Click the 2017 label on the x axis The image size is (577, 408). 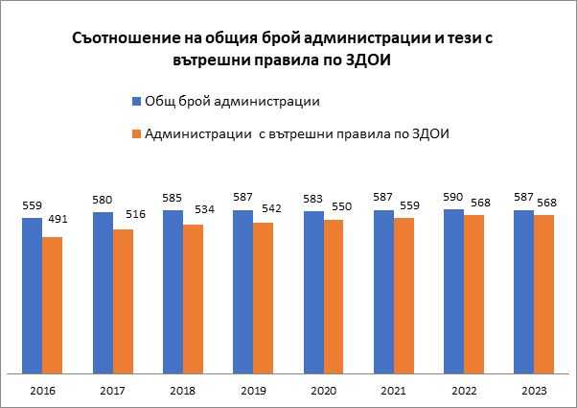click(x=113, y=391)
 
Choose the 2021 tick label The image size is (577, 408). click(x=394, y=391)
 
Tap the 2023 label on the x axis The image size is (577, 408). click(x=535, y=391)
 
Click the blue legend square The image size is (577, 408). click(x=134, y=102)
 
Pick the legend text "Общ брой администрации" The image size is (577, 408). click(x=231, y=102)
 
